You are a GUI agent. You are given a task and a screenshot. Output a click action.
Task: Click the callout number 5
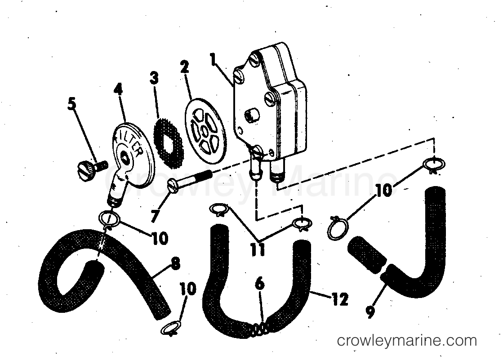click(x=72, y=104)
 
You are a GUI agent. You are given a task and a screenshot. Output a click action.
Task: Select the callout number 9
click(x=370, y=311)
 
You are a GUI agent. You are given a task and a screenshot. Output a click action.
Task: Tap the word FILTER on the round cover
click(x=130, y=141)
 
